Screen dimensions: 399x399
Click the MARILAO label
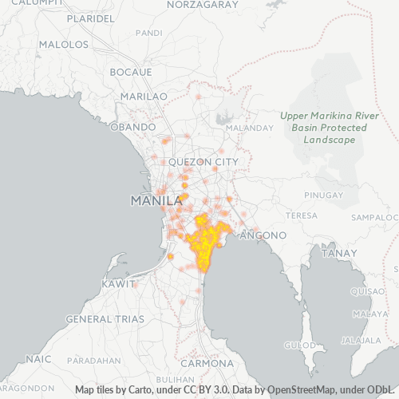click(x=143, y=96)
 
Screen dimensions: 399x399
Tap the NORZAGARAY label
click(x=203, y=5)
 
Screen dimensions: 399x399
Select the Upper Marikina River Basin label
click(x=323, y=128)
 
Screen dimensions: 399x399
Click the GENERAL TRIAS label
click(x=105, y=318)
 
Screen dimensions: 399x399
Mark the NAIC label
click(x=38, y=359)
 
